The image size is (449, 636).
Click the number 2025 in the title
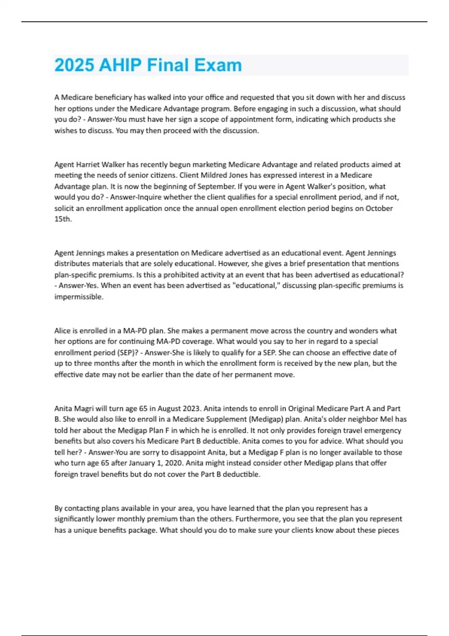click(74, 65)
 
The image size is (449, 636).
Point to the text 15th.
click(63, 219)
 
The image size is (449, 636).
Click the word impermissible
click(79, 297)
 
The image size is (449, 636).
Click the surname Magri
click(84, 409)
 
